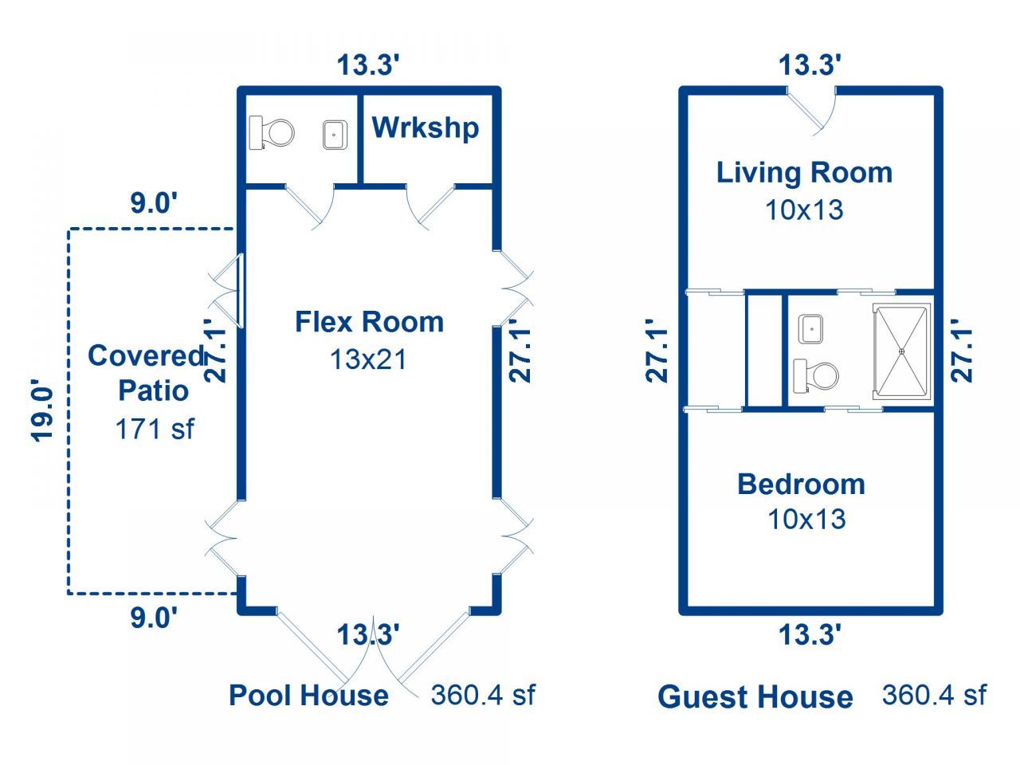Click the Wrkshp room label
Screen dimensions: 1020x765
pos(426,127)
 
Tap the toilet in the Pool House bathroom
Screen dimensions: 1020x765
pos(272,133)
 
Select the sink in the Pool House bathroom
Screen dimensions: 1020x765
pos(335,135)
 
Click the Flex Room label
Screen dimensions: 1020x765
pos(370,322)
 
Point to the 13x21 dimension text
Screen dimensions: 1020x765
pos(368,359)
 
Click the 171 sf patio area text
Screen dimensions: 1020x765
pos(155,428)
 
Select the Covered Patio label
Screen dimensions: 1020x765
pos(147,373)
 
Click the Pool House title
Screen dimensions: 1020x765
pos(309,696)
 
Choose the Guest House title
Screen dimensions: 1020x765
pos(755,697)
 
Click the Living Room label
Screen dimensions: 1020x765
pos(805,173)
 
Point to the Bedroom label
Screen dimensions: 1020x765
pos(802,484)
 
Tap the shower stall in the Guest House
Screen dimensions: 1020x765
pos(902,351)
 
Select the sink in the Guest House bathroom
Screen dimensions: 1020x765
pos(811,329)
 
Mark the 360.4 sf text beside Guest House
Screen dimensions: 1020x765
pos(934,695)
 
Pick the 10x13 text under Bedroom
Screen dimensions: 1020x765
pos(806,520)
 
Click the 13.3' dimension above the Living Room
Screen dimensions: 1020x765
pos(810,65)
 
